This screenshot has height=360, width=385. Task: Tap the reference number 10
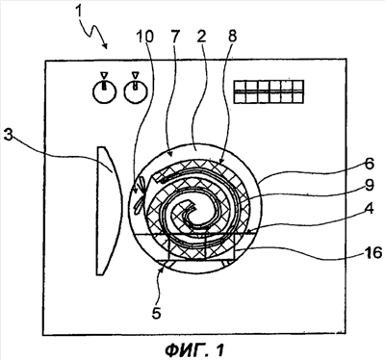click(x=144, y=37)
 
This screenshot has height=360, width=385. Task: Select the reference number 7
click(x=175, y=37)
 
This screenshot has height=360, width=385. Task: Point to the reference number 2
click(x=201, y=37)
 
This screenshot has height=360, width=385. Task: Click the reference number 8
click(x=231, y=37)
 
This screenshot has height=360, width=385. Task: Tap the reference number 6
click(x=369, y=164)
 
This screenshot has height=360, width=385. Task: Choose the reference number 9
click(x=370, y=187)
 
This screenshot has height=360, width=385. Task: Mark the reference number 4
click(x=369, y=209)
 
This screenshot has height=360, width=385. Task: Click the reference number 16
click(x=372, y=252)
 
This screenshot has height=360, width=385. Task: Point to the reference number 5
click(x=156, y=313)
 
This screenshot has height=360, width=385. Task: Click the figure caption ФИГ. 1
click(x=194, y=349)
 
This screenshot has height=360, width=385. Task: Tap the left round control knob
click(x=104, y=92)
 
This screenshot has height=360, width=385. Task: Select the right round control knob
click(x=136, y=92)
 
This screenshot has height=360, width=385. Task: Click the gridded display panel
click(x=269, y=91)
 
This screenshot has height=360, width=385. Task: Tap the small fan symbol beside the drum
click(x=141, y=195)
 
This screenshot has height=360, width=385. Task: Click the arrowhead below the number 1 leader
click(x=104, y=45)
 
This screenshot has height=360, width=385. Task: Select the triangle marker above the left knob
click(x=103, y=75)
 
